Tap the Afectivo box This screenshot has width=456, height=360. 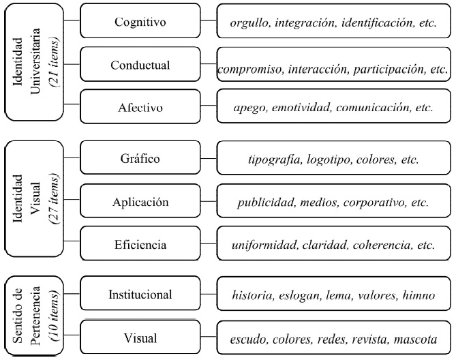point(140,107)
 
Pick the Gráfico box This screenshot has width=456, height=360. point(140,160)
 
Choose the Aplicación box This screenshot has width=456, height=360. point(140,202)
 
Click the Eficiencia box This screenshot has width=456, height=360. point(140,244)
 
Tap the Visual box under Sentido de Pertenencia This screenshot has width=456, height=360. point(140,338)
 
